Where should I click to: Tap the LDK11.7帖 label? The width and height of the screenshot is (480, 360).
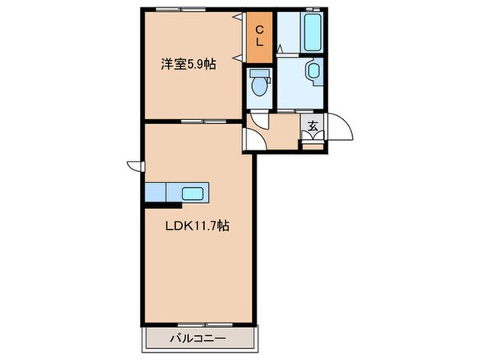click(198, 226)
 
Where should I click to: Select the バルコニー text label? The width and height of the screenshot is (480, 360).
click(198, 338)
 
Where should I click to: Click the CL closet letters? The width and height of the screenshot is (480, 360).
click(259, 36)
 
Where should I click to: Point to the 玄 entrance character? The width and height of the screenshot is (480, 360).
click(313, 126)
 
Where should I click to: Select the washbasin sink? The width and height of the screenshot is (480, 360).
click(311, 74)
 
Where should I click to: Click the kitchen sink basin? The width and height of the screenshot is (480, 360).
click(194, 193)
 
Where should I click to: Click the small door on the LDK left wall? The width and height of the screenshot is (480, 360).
click(134, 166)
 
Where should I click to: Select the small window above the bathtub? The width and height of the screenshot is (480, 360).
click(313, 10)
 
